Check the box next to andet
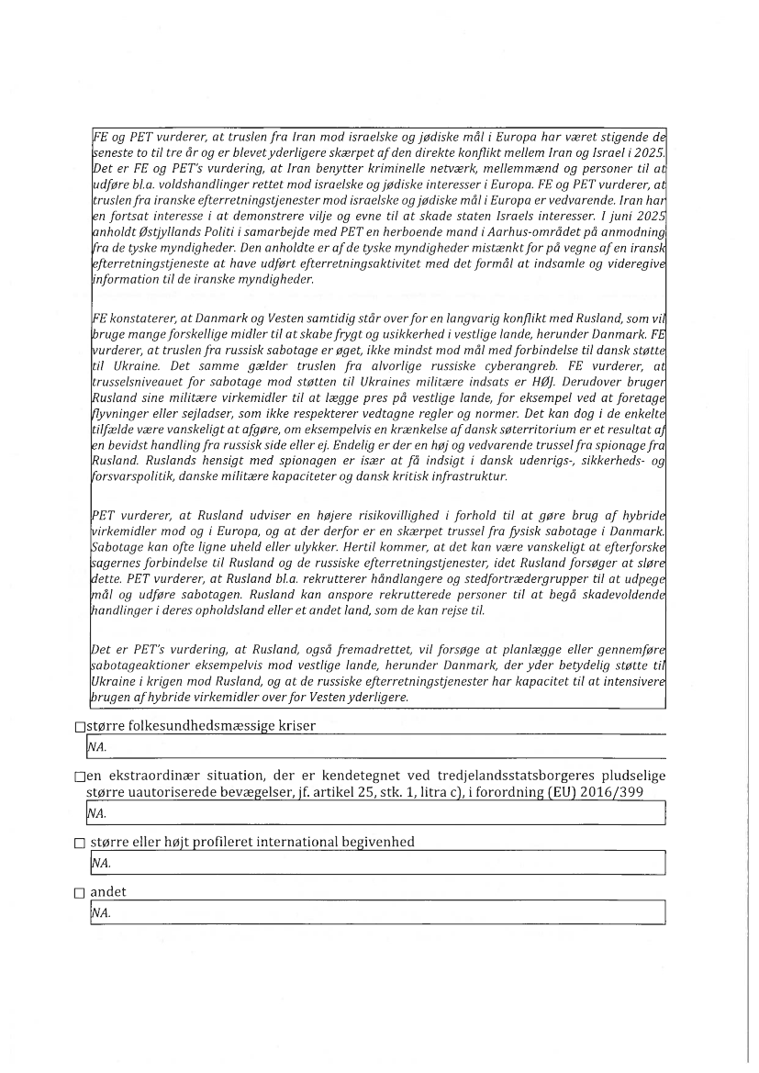pyautogui.click(x=80, y=892)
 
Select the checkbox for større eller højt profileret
pyautogui.click(x=80, y=843)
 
